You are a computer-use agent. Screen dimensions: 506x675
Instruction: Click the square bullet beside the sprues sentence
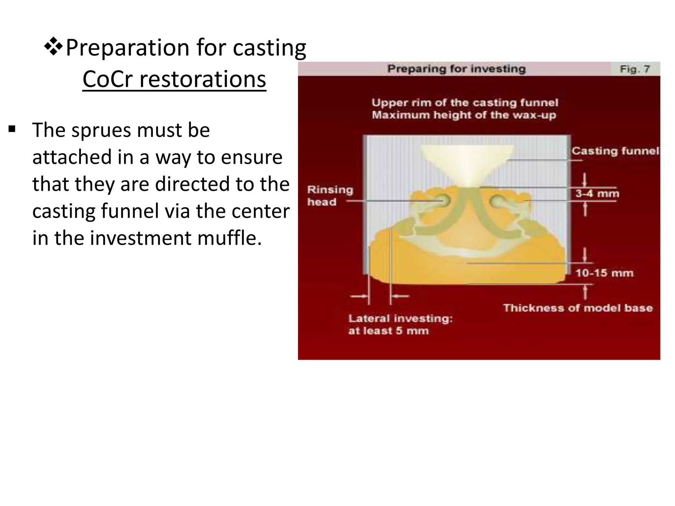[x=12, y=129]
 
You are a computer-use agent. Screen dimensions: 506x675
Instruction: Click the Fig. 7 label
[x=634, y=69]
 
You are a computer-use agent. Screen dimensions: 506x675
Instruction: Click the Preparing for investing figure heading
[x=456, y=69]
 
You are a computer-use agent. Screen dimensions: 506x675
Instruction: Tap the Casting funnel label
[x=615, y=151]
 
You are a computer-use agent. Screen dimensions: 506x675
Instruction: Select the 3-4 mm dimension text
[x=597, y=193]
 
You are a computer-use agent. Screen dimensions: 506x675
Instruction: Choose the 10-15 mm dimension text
[x=604, y=273]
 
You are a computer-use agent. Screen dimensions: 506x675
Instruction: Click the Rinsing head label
[x=330, y=196]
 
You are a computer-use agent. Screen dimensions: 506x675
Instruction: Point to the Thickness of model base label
[x=578, y=308]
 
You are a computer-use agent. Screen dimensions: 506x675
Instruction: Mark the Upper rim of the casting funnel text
[x=465, y=103]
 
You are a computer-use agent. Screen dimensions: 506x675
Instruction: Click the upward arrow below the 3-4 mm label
[x=585, y=209]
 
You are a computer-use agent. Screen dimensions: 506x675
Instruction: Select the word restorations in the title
[x=202, y=79]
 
